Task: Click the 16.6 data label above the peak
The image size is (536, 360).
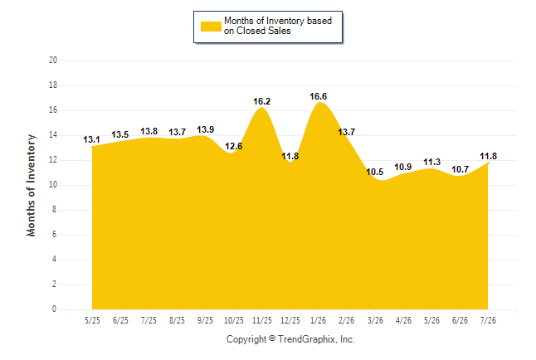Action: [319, 97]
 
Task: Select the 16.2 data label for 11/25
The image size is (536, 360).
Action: [262, 101]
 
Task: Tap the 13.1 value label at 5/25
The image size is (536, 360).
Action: [91, 140]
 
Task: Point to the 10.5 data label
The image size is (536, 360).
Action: [375, 172]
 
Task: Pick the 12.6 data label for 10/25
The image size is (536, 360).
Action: [234, 146]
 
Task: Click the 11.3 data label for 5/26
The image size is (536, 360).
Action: [432, 162]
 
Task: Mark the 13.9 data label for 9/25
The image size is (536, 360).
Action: [206, 130]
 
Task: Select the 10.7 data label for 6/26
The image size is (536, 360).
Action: [460, 169]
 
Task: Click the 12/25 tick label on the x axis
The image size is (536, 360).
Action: [290, 321]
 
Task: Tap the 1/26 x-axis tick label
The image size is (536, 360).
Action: [319, 321]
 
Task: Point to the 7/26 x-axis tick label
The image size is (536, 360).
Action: [488, 321]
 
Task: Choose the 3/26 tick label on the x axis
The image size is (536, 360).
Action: [375, 321]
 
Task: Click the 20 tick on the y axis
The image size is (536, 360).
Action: [53, 61]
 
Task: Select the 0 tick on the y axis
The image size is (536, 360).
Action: [54, 309]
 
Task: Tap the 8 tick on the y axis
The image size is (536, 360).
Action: [54, 210]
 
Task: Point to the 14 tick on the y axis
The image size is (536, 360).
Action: [53, 135]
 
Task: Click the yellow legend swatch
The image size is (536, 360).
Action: [211, 27]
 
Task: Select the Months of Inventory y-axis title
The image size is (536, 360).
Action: [31, 185]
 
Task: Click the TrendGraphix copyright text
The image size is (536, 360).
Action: [290, 339]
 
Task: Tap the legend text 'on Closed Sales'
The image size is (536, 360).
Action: [257, 31]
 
